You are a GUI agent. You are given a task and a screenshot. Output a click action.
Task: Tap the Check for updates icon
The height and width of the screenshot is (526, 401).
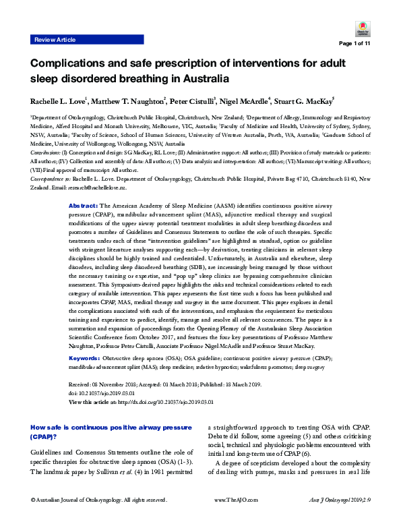[x=361, y=29]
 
